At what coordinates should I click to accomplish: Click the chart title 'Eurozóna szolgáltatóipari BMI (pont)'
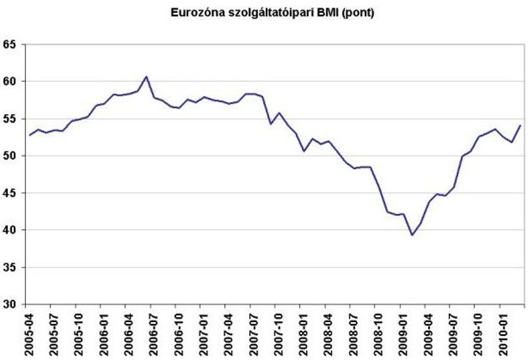click(x=272, y=13)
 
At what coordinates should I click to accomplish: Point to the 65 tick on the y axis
click(x=9, y=44)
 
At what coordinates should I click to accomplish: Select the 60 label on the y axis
click(x=9, y=82)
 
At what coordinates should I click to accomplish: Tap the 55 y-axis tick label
click(x=9, y=119)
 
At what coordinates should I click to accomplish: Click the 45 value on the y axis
click(x=9, y=193)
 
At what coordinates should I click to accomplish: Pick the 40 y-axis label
click(x=9, y=230)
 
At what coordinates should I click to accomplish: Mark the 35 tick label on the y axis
click(x=9, y=267)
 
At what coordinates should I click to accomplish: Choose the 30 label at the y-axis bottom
click(x=9, y=305)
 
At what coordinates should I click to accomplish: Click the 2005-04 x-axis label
click(x=29, y=335)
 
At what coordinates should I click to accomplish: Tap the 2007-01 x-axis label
click(x=205, y=335)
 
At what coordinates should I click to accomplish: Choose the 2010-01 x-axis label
click(x=504, y=335)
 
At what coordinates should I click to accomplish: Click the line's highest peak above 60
click(x=146, y=76)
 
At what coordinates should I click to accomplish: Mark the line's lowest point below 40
click(x=412, y=235)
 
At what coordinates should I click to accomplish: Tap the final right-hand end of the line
click(x=520, y=126)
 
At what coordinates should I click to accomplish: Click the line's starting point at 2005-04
click(x=29, y=135)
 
